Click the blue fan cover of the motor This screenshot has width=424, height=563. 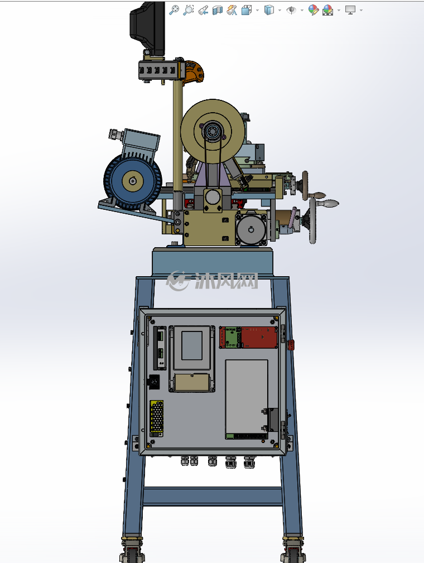pos(133,181)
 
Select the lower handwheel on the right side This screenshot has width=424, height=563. pos(313,220)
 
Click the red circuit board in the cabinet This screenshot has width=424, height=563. pos(248,337)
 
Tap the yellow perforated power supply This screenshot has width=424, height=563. pos(157,416)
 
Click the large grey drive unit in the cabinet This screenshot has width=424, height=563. pos(247,398)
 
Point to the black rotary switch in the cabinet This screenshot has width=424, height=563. pos(154,382)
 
